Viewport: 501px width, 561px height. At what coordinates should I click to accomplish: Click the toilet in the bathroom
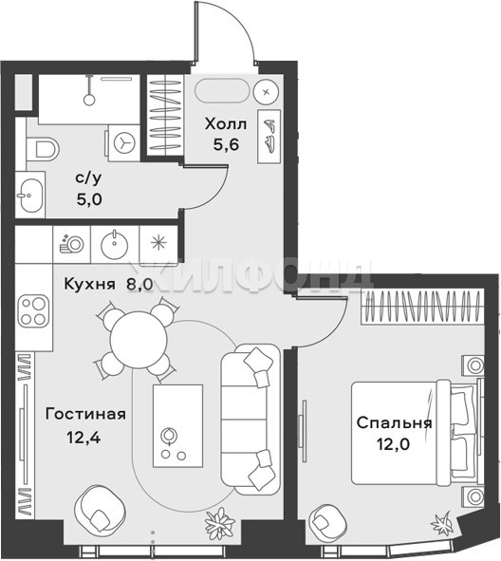point(42,148)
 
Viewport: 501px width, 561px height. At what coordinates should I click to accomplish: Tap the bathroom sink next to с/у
point(30,195)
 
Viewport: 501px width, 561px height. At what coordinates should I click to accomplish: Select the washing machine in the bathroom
point(123,142)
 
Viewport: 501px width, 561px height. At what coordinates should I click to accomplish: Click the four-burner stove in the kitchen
point(33,311)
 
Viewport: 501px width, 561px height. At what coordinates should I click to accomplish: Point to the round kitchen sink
point(115,244)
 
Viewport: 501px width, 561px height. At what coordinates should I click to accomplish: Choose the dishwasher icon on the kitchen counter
point(71,244)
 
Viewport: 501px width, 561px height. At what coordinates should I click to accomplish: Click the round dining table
point(139,340)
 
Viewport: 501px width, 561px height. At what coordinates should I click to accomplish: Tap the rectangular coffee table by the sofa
point(177,426)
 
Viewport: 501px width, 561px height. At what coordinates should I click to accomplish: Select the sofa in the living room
point(250,420)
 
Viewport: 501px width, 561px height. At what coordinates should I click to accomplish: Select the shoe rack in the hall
point(269,137)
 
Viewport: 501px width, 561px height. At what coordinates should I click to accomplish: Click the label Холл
point(226,124)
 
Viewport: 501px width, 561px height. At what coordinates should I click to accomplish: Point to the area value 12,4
point(84,437)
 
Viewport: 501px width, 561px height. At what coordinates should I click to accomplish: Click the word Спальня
point(394,423)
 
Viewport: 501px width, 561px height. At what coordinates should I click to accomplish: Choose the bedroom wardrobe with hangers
point(422,307)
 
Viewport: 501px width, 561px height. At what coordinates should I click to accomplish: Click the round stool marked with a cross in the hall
point(266,92)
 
